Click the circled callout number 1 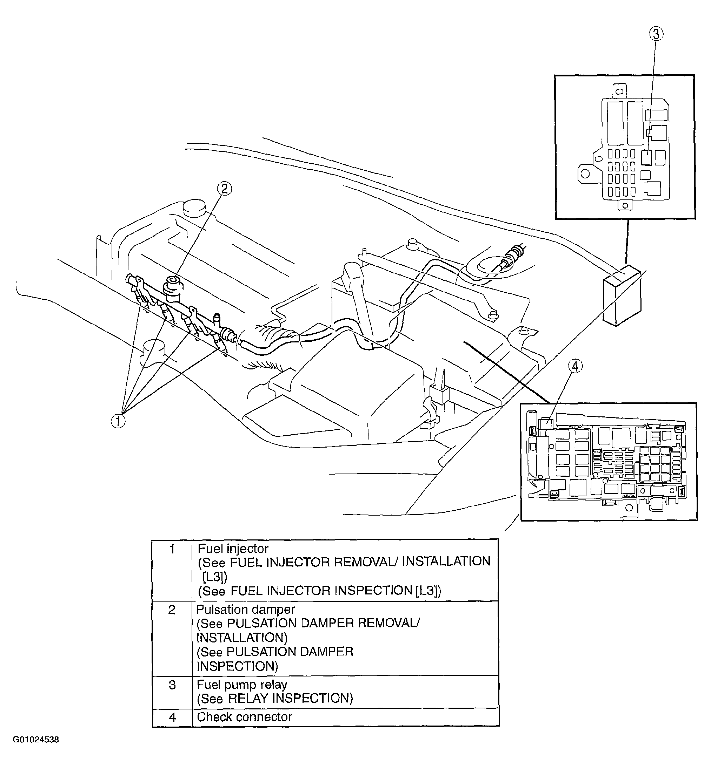[118, 421]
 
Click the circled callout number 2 [225, 189]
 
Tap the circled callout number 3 [656, 34]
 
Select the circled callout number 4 [575, 366]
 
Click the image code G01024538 [36, 750]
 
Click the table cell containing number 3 [172, 685]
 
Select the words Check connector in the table [245, 717]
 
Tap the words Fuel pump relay [242, 685]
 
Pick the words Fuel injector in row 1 [233, 549]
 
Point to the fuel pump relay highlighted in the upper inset [647, 157]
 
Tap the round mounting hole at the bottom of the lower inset [629, 507]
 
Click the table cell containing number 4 [172, 717]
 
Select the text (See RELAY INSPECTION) [275, 698]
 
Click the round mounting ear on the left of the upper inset [585, 174]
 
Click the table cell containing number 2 [172, 610]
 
